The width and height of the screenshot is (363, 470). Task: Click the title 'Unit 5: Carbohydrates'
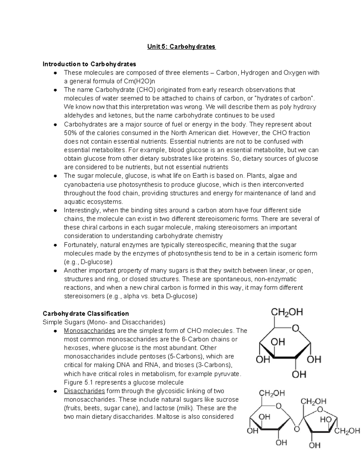pyautogui.click(x=181, y=47)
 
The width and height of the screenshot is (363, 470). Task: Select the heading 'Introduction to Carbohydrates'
pyautogui.click(x=89, y=64)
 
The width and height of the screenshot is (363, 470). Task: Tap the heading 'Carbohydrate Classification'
pyautogui.click(x=86, y=314)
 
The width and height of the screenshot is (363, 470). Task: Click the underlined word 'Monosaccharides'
pyautogui.click(x=89, y=331)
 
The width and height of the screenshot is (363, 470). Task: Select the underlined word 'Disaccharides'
pyautogui.click(x=84, y=391)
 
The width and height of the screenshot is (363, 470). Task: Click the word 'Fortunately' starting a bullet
pyautogui.click(x=80, y=245)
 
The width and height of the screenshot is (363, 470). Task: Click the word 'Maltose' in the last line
pyautogui.click(x=167, y=417)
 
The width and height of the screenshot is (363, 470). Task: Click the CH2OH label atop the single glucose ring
pyautogui.click(x=286, y=312)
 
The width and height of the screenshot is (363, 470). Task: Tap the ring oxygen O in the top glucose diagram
pyautogui.click(x=295, y=328)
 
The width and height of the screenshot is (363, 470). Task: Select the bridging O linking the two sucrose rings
pyautogui.click(x=297, y=429)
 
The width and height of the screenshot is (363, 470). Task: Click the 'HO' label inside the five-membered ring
pyautogui.click(x=326, y=420)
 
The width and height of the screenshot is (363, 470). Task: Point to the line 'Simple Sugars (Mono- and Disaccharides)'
pyautogui.click(x=104, y=322)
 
